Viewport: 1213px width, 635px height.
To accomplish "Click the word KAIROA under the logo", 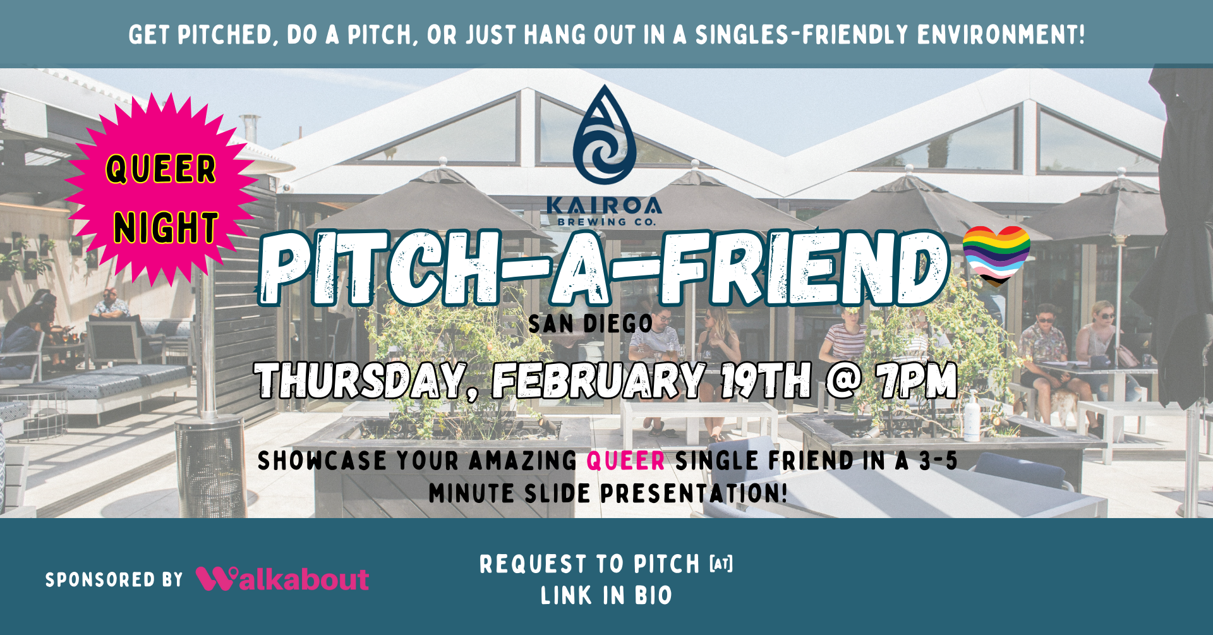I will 603,205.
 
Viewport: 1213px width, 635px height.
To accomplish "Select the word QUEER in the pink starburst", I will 161,169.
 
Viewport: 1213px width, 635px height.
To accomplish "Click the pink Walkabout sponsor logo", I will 282,579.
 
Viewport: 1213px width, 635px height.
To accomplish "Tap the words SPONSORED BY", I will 114,579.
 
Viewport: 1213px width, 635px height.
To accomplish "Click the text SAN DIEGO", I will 590,324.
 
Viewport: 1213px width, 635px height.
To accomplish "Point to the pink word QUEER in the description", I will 625,461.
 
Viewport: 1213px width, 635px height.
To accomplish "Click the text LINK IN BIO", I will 606,595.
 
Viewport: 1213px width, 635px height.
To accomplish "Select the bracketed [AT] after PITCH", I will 721,563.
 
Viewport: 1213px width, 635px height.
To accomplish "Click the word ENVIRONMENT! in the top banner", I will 1001,35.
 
